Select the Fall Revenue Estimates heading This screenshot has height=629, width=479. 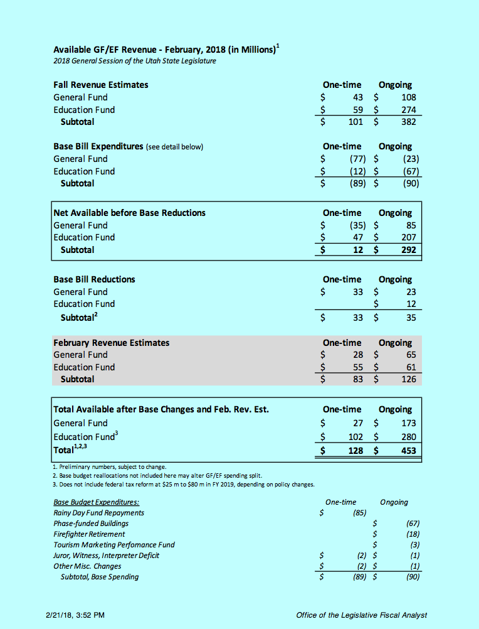click(x=101, y=85)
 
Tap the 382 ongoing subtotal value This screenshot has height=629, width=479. click(x=408, y=122)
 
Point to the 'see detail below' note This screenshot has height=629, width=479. click(x=174, y=147)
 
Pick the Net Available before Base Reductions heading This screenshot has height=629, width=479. click(x=130, y=213)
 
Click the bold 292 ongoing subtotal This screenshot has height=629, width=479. click(x=408, y=250)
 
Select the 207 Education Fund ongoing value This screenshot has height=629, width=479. click(x=408, y=237)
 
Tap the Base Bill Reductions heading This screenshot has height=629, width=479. click(x=94, y=279)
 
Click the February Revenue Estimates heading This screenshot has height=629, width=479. click(x=112, y=343)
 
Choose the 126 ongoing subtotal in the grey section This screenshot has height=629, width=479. click(x=408, y=379)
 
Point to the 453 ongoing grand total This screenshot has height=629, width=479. click(x=408, y=451)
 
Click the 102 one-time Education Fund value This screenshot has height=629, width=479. click(x=355, y=437)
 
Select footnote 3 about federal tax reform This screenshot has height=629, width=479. click(x=184, y=484)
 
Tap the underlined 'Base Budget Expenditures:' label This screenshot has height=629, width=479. click(x=97, y=502)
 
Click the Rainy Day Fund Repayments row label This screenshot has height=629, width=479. click(x=98, y=513)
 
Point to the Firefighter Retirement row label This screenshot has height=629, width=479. click(x=89, y=534)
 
